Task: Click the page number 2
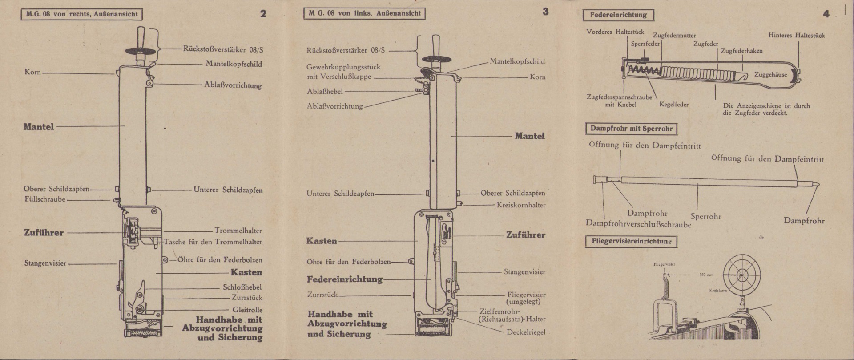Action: [263, 14]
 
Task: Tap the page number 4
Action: [826, 14]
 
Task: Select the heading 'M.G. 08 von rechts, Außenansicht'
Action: [82, 14]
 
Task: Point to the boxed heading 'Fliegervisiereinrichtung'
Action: [631, 242]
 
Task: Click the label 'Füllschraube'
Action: [45, 199]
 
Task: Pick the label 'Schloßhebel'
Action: [242, 287]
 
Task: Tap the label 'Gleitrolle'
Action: [247, 310]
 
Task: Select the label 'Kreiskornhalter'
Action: [521, 205]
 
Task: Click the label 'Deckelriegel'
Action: [526, 332]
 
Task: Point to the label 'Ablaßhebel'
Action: [325, 92]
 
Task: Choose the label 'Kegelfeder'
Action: [674, 105]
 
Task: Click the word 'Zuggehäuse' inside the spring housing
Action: [770, 75]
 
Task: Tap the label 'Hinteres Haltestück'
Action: [796, 36]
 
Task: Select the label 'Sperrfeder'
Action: [645, 44]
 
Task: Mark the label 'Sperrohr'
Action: [706, 217]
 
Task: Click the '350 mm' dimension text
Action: [706, 275]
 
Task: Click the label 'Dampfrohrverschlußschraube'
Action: [638, 224]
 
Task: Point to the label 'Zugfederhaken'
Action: [741, 51]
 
